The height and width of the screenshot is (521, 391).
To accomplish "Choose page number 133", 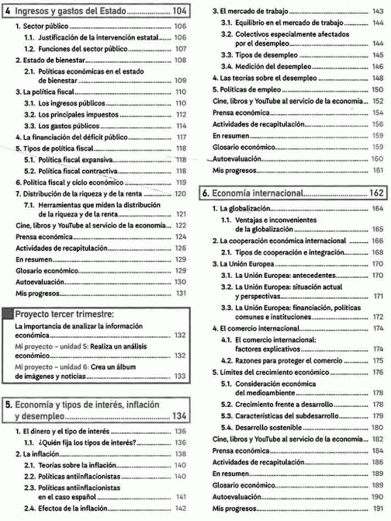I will pyautogui.click(x=181, y=376).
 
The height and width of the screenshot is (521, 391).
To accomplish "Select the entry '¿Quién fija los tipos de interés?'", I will pyautogui.click(x=87, y=443).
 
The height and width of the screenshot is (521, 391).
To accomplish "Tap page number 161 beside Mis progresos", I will pyautogui.click(x=377, y=170).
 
